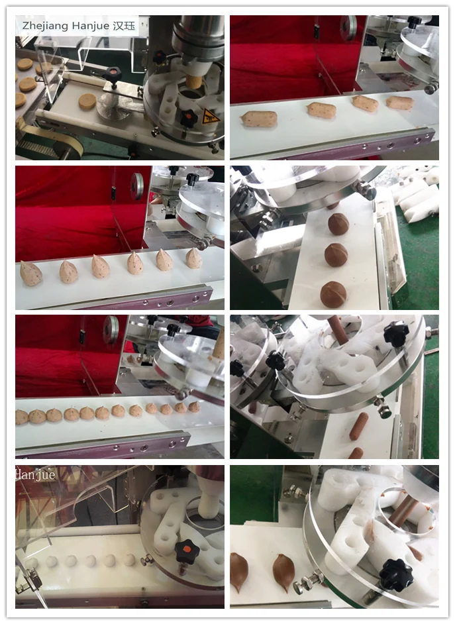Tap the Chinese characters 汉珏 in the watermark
tap(125, 25)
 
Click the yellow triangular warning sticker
tap(209, 115)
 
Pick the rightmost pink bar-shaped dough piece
tap(399, 103)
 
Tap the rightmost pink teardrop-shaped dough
tap(193, 258)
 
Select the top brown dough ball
tap(338, 224)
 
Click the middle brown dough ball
tap(336, 255)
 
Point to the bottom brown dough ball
tap(333, 294)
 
